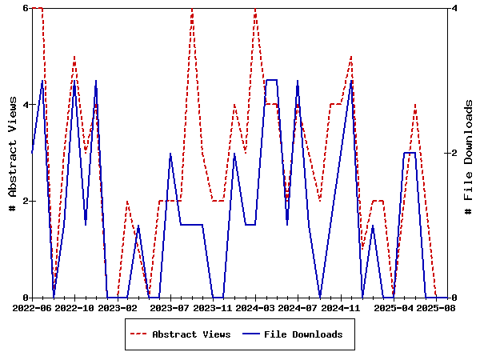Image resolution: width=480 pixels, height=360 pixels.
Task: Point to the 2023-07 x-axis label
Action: point(169,306)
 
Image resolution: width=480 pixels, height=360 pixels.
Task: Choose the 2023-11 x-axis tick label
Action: point(212,306)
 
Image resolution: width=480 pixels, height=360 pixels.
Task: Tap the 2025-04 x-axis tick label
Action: point(393,306)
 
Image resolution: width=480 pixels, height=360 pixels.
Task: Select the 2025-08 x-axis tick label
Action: point(436,306)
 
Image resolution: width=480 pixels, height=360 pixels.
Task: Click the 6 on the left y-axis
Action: point(26,8)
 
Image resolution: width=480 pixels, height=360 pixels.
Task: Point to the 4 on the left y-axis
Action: point(26,105)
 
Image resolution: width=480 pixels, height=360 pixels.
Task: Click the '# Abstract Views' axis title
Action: point(12,153)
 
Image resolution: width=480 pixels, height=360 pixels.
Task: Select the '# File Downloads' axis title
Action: point(469,153)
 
